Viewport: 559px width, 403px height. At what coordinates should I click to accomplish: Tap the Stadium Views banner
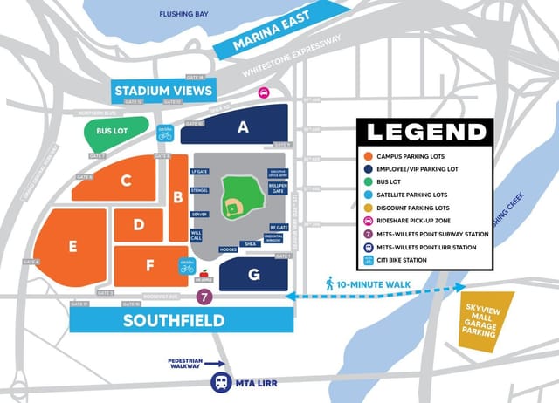163,91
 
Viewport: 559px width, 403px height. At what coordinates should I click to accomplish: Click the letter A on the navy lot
243,127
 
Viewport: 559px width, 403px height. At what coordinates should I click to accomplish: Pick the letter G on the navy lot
253,275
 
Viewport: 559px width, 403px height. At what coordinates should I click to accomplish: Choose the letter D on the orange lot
138,226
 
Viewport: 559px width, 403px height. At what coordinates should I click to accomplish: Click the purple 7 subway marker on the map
203,297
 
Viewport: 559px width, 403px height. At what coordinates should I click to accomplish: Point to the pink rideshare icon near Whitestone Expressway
261,93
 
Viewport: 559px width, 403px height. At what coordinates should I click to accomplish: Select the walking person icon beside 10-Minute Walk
329,283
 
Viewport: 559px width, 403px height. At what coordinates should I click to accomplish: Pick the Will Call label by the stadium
197,236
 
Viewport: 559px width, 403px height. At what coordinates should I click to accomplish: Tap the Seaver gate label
199,214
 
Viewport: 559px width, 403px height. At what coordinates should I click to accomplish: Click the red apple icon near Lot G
205,275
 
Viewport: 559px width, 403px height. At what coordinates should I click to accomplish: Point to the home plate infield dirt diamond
233,208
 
